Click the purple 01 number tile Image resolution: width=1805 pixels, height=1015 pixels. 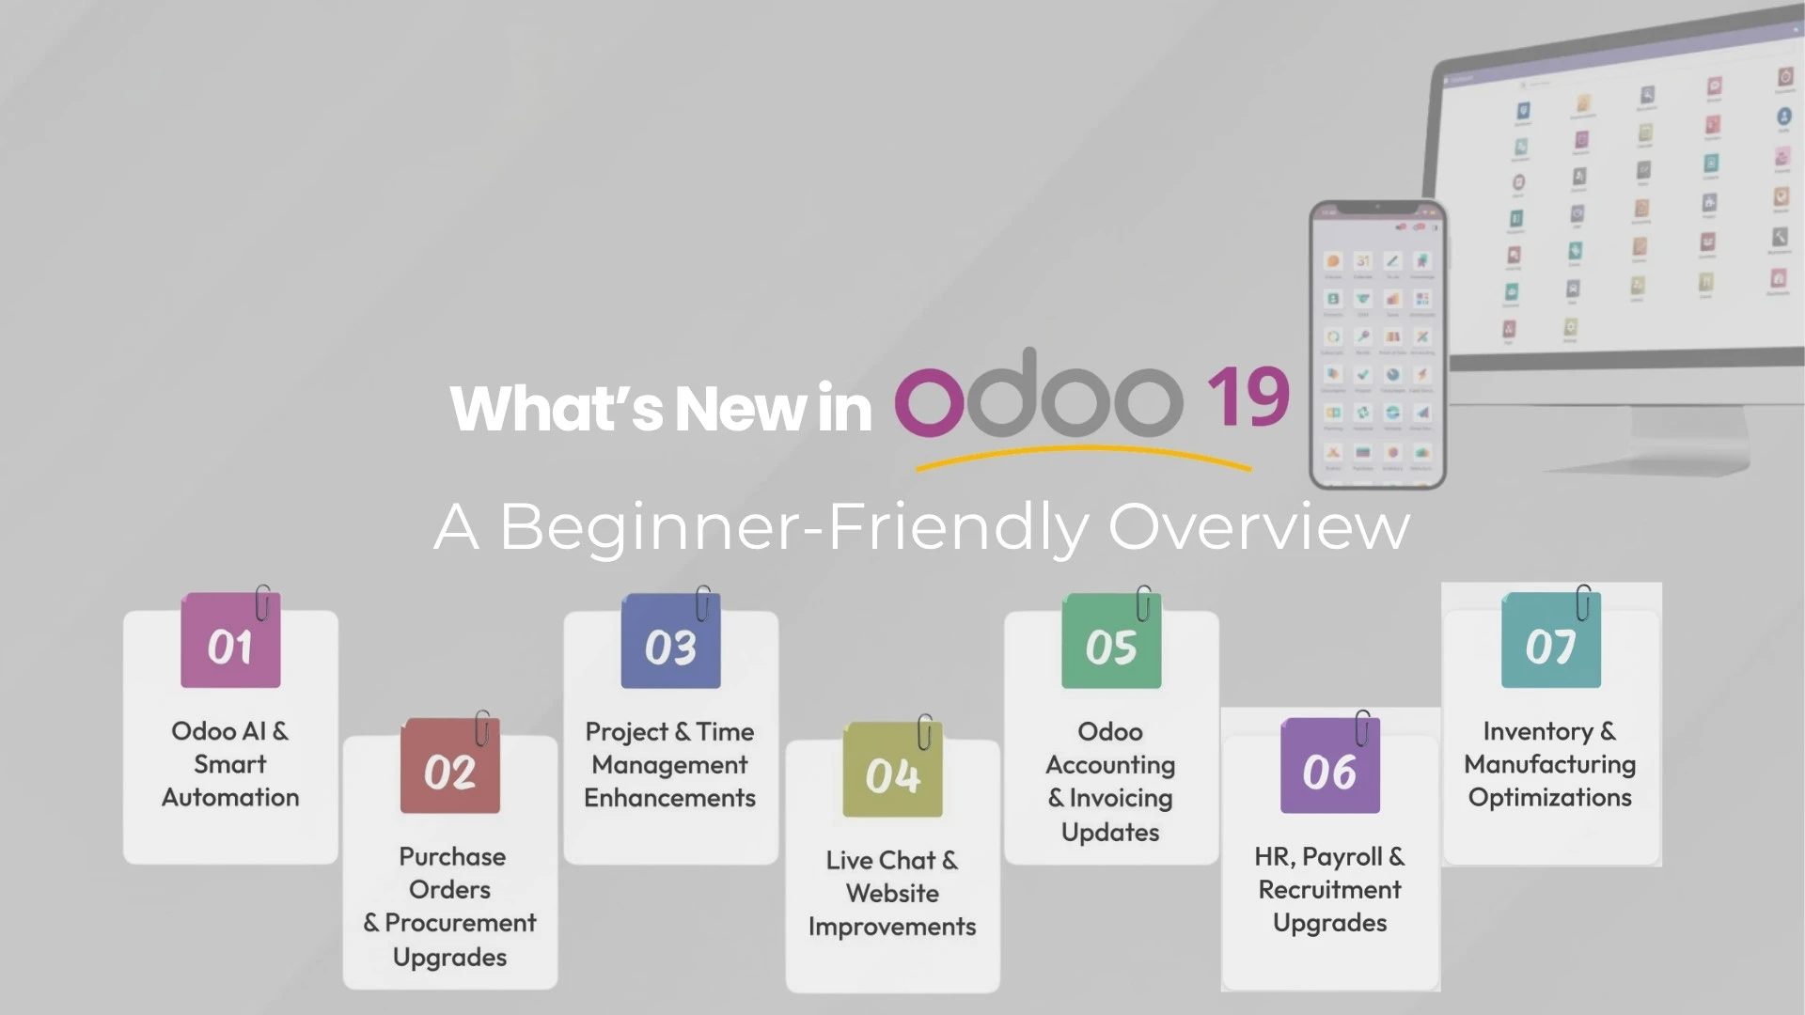(x=230, y=640)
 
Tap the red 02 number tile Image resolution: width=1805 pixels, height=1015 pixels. (x=450, y=766)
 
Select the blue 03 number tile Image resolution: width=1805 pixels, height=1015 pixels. (x=670, y=641)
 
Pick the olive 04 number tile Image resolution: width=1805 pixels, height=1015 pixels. (x=892, y=770)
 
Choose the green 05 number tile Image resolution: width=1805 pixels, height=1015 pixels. (x=1111, y=641)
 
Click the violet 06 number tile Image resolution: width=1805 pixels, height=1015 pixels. (x=1330, y=766)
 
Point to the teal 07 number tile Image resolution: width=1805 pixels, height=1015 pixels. (x=1551, y=640)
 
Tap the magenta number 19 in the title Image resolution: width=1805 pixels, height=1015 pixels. (x=1248, y=397)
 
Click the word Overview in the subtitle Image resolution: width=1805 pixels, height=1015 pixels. (x=1260, y=526)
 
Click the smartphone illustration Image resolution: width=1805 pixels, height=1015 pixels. (x=1378, y=345)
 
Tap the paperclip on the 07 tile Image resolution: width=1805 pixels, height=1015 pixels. (x=1583, y=602)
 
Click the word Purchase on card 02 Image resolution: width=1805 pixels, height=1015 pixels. (x=452, y=856)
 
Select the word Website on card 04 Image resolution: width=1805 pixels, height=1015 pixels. (x=892, y=893)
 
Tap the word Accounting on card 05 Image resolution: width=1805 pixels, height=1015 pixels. (x=1110, y=766)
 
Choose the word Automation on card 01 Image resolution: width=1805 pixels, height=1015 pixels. (x=230, y=797)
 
